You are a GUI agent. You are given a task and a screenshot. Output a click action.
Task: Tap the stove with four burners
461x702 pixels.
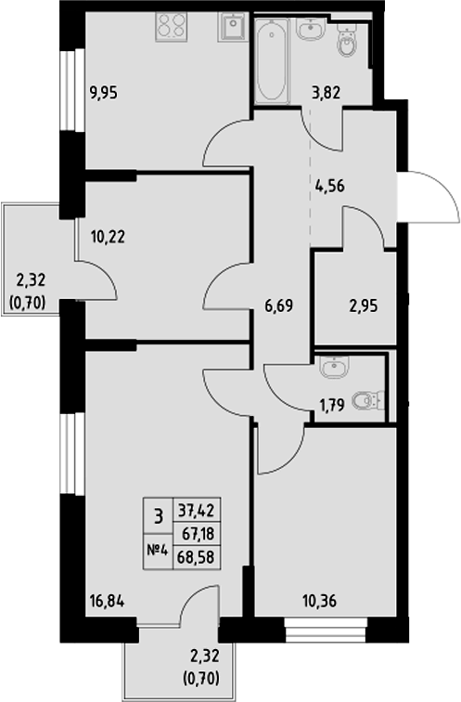tap(171, 25)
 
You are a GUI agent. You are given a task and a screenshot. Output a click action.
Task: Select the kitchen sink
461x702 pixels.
tap(231, 27)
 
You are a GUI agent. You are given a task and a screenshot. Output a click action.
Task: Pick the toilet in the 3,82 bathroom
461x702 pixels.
tap(348, 41)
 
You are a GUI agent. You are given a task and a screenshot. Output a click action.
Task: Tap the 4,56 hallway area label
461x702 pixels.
tap(329, 184)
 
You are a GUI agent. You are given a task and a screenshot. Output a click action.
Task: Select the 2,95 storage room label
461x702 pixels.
tap(364, 303)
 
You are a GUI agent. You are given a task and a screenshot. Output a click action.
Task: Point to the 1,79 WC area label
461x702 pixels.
tap(331, 405)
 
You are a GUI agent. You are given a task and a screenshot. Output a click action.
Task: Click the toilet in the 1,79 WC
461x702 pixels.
tap(371, 401)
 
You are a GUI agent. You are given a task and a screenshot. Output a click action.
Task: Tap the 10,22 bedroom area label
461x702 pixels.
tap(109, 236)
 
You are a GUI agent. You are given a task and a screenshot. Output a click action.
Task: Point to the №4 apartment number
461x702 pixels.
tap(157, 548)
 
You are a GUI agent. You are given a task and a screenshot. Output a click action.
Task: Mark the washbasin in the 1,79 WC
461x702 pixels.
tap(332, 368)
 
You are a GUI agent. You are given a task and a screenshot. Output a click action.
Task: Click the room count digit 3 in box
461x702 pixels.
tap(158, 513)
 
